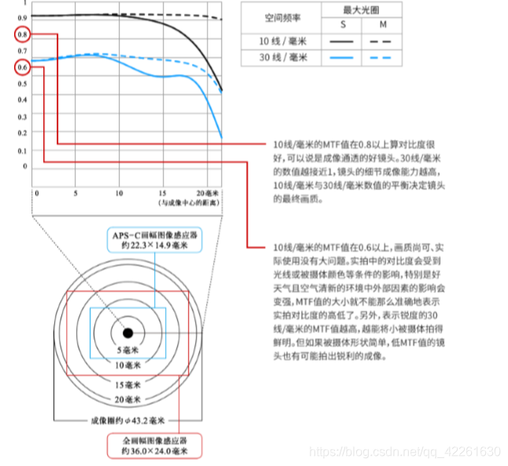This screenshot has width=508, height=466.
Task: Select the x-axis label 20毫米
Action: click(208, 192)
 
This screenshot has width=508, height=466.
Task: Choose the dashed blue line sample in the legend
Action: click(384, 58)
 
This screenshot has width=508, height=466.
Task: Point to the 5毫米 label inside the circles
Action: click(127, 350)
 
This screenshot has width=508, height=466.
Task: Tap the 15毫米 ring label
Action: click(127, 385)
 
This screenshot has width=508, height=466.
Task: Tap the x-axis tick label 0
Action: click(35, 192)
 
